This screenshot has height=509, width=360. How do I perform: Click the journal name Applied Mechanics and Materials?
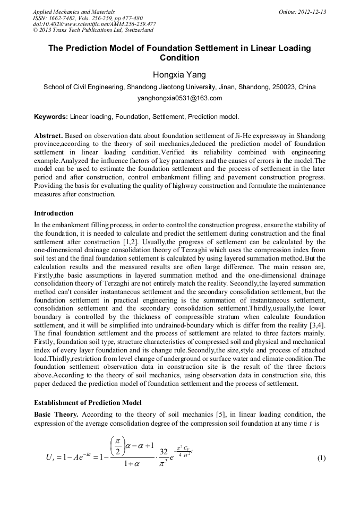click(74, 11)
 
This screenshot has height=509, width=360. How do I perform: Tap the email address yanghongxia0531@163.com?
click(179, 98)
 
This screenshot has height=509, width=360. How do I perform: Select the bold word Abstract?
click(49, 136)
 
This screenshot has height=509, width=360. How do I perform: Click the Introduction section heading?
click(54, 213)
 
